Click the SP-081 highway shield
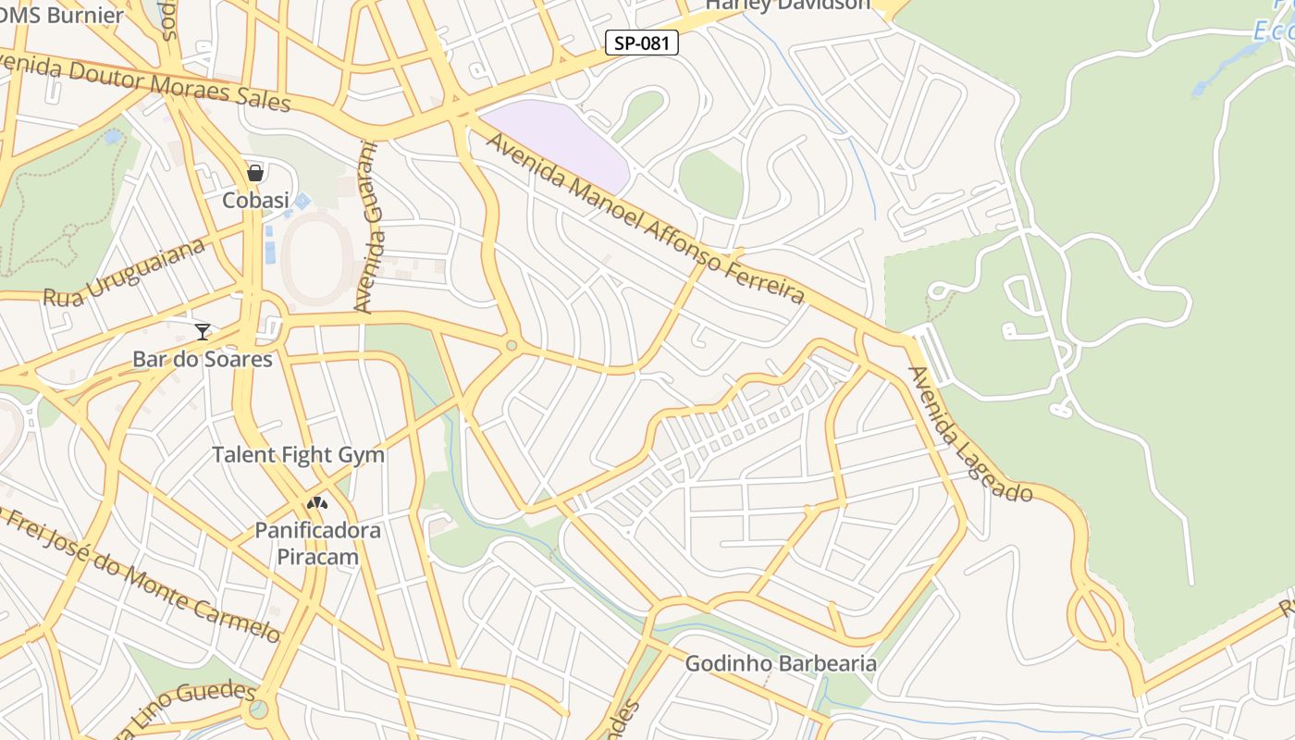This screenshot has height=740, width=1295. click(x=642, y=43)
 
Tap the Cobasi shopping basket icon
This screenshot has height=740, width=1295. click(x=255, y=173)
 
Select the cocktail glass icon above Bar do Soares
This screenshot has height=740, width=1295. click(x=203, y=331)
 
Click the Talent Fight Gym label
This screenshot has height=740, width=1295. click(x=298, y=455)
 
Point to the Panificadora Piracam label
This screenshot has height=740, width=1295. click(x=317, y=544)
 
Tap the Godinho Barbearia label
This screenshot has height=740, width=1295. click(x=781, y=663)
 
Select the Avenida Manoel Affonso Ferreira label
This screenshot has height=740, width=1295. click(x=645, y=219)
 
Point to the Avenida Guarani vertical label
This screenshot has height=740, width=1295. click(x=368, y=227)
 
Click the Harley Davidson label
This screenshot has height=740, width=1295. click(x=788, y=5)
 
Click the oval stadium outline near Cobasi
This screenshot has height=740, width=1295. click(x=317, y=258)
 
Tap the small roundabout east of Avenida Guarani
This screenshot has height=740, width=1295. click(x=511, y=346)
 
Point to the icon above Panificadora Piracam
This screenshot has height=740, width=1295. click(x=317, y=504)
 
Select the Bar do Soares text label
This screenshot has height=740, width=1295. click(x=203, y=359)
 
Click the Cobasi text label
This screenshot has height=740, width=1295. click(x=255, y=200)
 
